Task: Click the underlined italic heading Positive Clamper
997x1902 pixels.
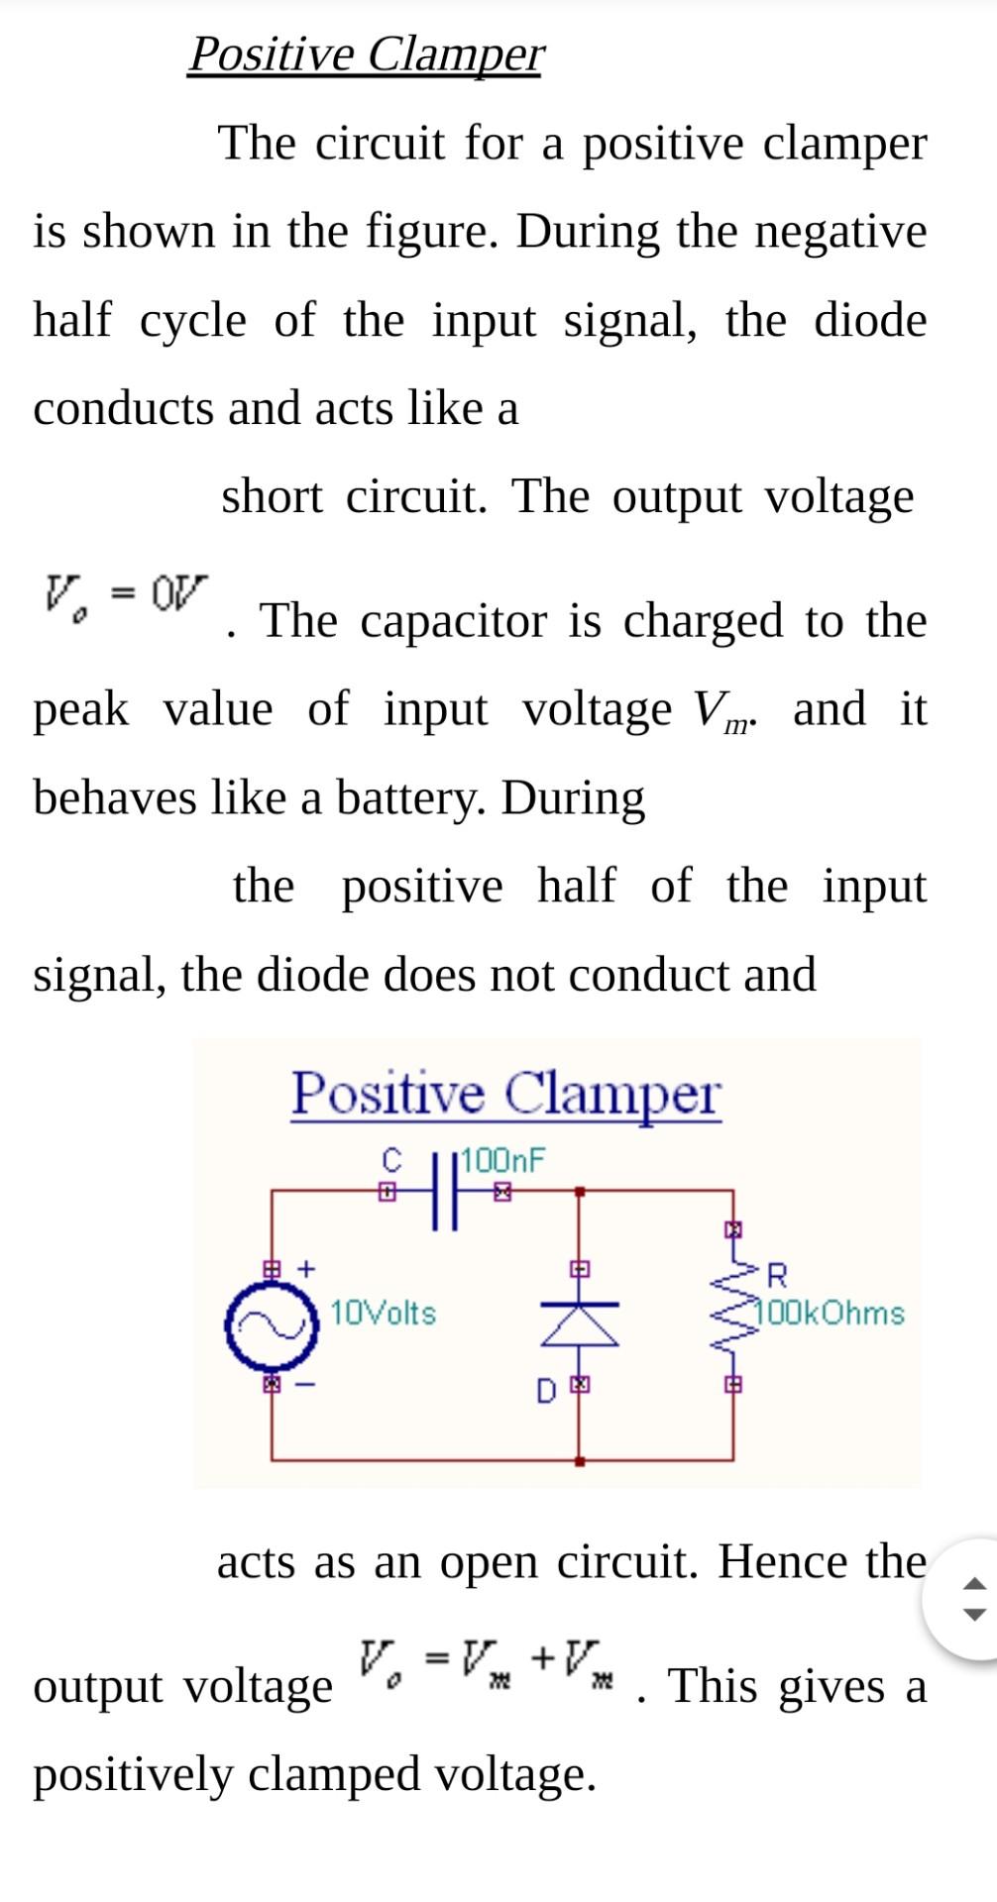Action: coord(366,53)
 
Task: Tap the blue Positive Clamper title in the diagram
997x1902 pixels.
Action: coord(505,1095)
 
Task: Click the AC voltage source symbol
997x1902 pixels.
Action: coord(272,1324)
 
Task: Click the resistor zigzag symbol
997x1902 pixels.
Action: coord(733,1308)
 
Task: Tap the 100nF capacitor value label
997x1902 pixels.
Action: coord(503,1160)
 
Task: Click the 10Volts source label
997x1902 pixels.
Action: coord(383,1314)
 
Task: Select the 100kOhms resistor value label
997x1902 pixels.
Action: coord(831,1314)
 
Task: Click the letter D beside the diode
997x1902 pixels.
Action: coord(546,1392)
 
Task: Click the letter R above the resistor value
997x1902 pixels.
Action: coord(777,1273)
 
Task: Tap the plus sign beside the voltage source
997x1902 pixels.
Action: coord(307,1267)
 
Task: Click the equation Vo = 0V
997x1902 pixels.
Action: coord(125,593)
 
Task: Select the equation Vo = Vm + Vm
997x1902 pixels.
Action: coord(486,1657)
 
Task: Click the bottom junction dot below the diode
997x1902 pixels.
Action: coord(580,1460)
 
